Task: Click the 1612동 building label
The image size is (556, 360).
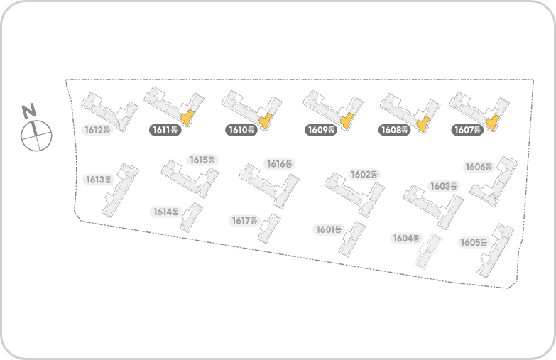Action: pos(97,130)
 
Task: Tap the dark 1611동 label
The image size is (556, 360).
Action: pos(165,130)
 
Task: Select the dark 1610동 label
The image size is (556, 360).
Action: pos(241,130)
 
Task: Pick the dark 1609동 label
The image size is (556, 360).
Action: pos(321,130)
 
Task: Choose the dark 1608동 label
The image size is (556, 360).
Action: pos(394,130)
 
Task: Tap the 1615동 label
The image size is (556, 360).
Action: pos(202,160)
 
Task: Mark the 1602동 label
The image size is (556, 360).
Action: pos(364,174)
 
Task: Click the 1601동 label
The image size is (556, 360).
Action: pos(329,229)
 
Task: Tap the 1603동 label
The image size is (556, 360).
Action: pos(444,186)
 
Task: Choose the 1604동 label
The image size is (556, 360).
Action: pos(407,238)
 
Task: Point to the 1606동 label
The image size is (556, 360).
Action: pos(479,167)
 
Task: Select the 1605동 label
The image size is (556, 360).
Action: pos(474,242)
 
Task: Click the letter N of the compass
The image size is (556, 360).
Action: pos(29,111)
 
